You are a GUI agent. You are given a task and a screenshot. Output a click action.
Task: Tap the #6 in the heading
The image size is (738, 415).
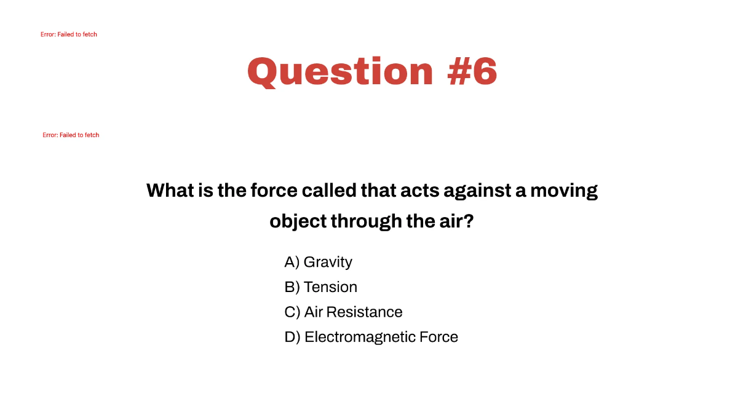tap(472, 71)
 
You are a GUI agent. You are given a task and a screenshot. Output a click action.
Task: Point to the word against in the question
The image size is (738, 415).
tap(475, 191)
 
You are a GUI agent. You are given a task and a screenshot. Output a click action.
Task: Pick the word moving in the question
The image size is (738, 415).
tap(564, 191)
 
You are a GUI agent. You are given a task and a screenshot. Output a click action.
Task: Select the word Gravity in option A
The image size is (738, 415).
tap(328, 262)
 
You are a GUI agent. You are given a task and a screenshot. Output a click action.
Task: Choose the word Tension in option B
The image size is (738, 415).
tap(330, 287)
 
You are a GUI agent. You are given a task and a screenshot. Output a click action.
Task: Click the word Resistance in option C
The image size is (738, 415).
tap(364, 312)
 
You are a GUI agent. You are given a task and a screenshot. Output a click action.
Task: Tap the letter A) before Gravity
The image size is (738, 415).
tap(292, 262)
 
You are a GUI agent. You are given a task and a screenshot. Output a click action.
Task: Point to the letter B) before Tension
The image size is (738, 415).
tap(292, 287)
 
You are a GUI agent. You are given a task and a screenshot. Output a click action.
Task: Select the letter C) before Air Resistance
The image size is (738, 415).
tap(292, 312)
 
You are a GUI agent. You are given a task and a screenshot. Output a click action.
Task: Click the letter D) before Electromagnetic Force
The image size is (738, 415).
tap(292, 337)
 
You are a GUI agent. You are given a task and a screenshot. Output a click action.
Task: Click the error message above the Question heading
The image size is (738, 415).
tap(69, 34)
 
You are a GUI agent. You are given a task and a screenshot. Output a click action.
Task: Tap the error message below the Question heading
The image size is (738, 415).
tap(71, 135)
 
